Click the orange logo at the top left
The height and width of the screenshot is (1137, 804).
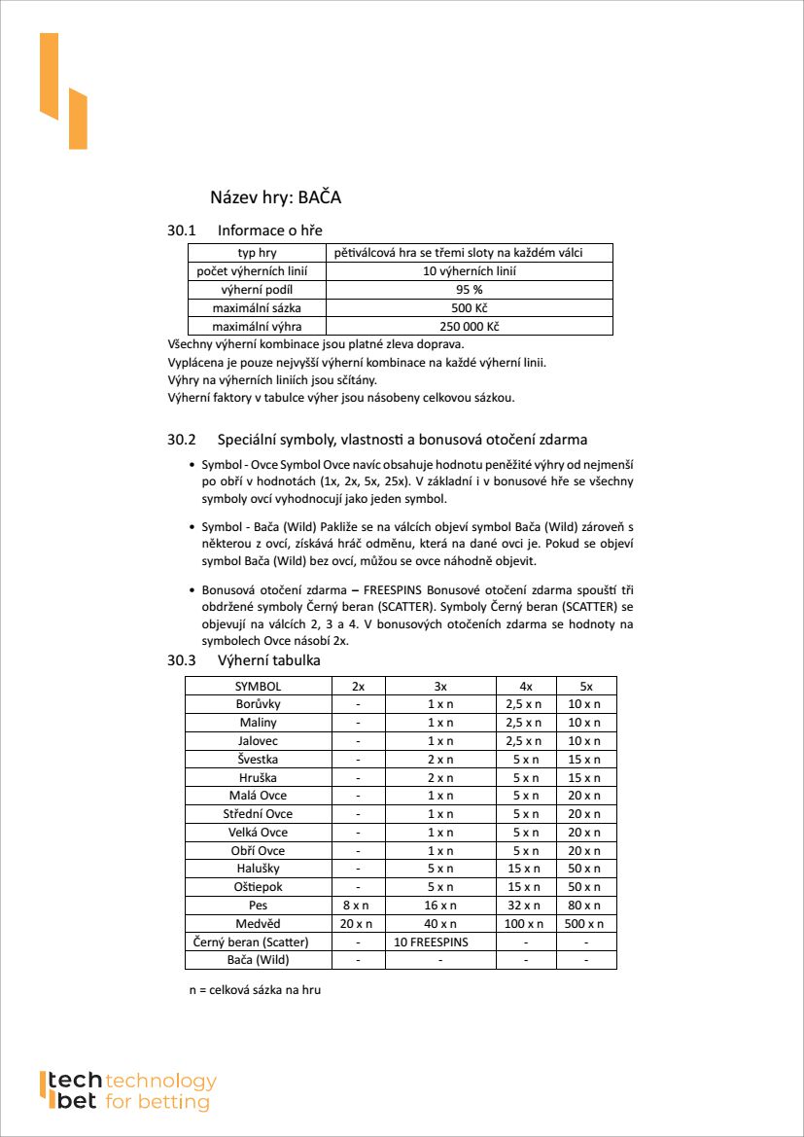(63, 90)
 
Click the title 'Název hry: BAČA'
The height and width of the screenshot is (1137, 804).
(275, 197)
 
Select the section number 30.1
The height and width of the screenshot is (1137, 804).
(182, 231)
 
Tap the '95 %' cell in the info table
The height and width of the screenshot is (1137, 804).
(470, 290)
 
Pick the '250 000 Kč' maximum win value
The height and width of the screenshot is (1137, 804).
(470, 327)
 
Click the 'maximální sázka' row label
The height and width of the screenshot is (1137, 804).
(257, 308)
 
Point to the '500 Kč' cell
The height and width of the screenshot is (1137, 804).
(470, 308)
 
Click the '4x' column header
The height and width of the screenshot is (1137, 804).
(526, 686)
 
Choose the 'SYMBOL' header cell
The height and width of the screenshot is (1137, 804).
(258, 686)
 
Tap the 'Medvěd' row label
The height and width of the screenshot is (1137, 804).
(258, 924)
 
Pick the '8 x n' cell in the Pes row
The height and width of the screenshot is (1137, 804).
(358, 906)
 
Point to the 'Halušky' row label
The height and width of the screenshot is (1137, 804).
(258, 869)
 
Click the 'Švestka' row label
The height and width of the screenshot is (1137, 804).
(258, 759)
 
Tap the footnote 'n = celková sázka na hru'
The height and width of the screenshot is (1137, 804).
(255, 990)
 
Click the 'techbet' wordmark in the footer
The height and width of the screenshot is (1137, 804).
(72, 1091)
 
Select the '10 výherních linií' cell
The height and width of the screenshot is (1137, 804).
(470, 271)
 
